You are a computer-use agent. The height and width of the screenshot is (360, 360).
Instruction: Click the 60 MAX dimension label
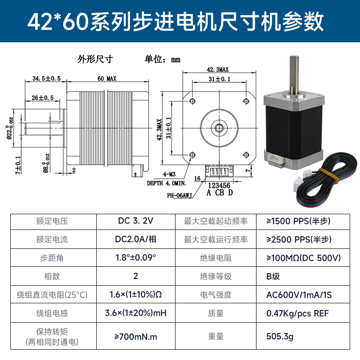(x=107, y=79)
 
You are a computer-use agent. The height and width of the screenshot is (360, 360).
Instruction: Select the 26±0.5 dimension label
(x=43, y=98)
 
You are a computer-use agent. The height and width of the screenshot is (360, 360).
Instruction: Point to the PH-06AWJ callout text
(x=180, y=195)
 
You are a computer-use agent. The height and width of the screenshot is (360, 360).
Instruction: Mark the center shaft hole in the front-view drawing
(x=220, y=127)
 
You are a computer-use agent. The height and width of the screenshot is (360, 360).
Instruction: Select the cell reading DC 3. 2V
(x=135, y=221)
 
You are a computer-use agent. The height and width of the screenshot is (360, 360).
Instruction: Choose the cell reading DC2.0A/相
(x=135, y=239)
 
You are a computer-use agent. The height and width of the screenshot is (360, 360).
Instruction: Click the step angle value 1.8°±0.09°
(x=135, y=258)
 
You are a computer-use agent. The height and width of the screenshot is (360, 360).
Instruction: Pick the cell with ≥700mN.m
(x=135, y=336)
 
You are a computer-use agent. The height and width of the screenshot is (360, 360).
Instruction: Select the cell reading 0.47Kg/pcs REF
(x=297, y=313)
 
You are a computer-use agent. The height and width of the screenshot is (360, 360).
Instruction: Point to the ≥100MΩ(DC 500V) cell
(x=303, y=258)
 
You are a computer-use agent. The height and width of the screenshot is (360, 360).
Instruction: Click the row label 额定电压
(x=52, y=221)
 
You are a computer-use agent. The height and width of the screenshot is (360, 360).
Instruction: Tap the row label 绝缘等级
(x=216, y=276)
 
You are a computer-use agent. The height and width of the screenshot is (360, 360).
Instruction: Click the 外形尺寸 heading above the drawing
(x=94, y=58)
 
